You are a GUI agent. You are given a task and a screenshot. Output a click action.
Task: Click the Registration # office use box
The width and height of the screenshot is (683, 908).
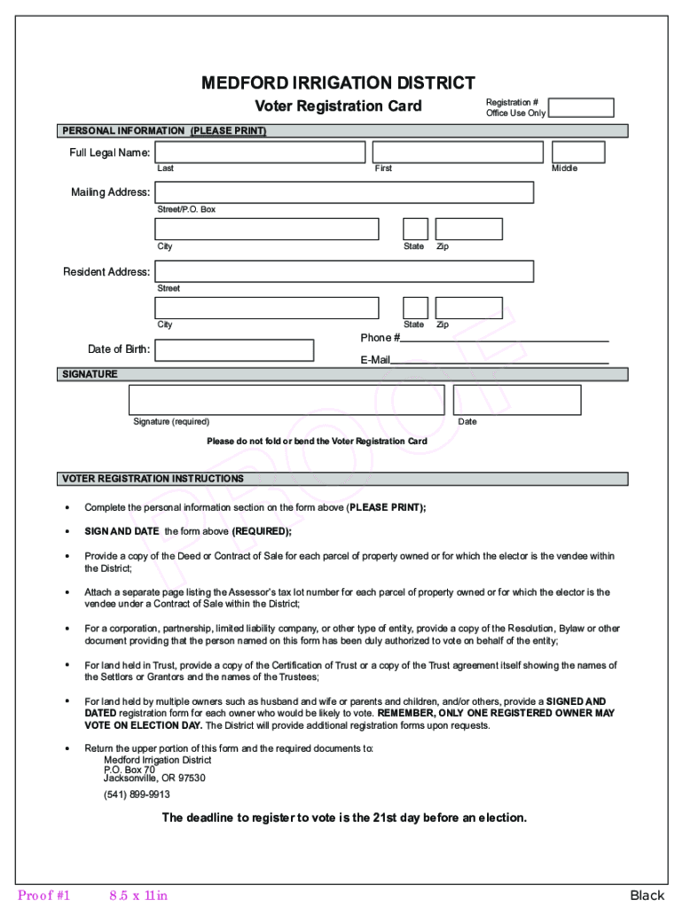[x=581, y=108]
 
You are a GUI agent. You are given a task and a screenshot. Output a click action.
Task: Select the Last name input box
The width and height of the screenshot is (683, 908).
[x=260, y=153]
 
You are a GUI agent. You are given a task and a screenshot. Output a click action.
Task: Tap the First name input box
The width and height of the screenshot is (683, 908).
[x=458, y=153]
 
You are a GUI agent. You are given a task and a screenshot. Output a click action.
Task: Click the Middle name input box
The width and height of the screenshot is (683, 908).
[x=578, y=153]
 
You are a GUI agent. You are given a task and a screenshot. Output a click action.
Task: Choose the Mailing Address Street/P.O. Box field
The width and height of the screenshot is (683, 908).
[x=344, y=192]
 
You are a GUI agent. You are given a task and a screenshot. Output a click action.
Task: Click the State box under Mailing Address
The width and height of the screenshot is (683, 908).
[x=415, y=230]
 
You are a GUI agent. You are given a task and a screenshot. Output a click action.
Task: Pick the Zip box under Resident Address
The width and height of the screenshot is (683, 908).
[x=468, y=308]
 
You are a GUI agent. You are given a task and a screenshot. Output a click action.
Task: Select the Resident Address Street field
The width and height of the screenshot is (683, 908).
[x=344, y=271]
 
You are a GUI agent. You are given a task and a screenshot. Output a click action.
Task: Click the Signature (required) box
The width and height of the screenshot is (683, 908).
[x=287, y=400]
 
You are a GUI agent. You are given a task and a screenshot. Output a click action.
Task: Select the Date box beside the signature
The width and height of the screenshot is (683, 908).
[x=517, y=400]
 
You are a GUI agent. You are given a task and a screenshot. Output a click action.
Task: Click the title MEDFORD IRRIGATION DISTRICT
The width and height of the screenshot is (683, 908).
[x=339, y=83]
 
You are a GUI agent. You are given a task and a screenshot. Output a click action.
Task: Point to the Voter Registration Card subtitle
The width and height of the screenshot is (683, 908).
[x=339, y=107]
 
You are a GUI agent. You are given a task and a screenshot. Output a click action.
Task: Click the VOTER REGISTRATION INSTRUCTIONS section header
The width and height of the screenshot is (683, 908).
[x=152, y=479]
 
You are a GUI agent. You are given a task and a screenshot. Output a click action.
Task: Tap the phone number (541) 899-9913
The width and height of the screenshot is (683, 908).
[x=137, y=794]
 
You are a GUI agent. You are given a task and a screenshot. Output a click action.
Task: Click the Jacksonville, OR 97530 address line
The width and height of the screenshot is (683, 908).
[x=154, y=779]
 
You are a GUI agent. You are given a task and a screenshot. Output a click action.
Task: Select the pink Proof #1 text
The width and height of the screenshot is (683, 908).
[x=43, y=896]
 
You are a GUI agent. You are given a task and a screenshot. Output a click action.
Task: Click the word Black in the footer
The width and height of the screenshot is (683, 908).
[x=647, y=896]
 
